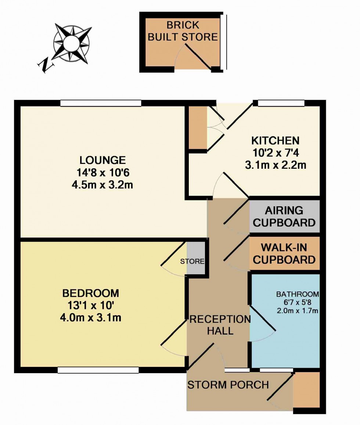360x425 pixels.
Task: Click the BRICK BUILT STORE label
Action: pos(183,31)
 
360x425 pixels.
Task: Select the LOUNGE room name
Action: pos(102,160)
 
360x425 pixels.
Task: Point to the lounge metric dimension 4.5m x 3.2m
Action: pos(102,185)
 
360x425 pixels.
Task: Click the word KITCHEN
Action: pos(276,141)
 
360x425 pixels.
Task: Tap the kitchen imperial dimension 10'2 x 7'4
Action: pos(276,153)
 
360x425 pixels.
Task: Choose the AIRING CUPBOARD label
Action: pos(284,217)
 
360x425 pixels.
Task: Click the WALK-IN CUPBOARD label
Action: pos(284,254)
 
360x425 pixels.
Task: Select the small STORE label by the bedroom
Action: pos(192,261)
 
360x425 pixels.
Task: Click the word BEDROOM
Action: pos(91,293)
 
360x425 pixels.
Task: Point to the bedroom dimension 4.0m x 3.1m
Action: pos(91,317)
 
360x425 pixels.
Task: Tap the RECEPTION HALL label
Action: pos(220,325)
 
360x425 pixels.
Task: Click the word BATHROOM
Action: pos(298,294)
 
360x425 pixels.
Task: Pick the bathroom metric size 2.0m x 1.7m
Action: pos(298,311)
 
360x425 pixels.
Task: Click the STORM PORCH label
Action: pos(228,385)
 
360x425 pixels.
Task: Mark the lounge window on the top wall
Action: pos(101,103)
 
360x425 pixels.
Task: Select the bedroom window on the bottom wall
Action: pos(98,370)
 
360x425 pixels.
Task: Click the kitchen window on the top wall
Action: pos(281,103)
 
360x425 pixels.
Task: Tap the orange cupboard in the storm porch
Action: pos(306,390)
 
